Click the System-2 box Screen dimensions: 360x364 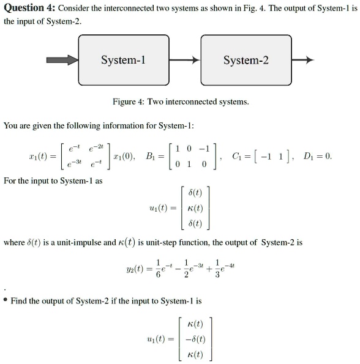pyautogui.click(x=246, y=60)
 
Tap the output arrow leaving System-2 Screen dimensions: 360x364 pyautogui.click(x=302, y=60)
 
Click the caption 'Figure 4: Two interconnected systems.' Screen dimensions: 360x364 pyautogui.click(x=181, y=102)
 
